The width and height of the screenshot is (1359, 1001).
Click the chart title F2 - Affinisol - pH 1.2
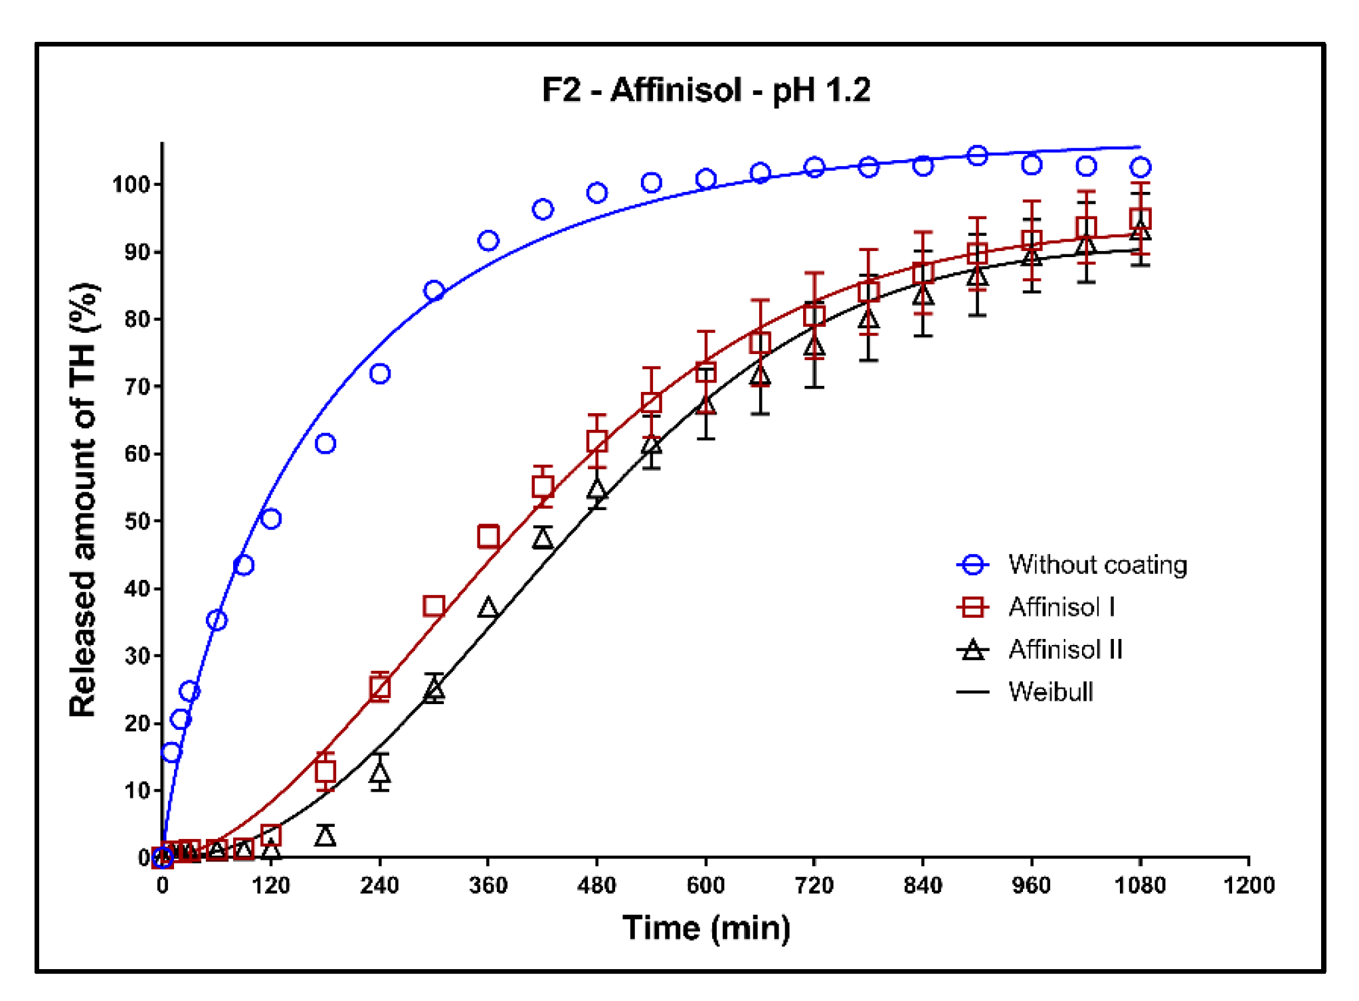[x=705, y=90]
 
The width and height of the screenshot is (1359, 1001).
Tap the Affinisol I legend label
[x=1061, y=607]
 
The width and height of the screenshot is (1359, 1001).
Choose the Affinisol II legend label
[x=1065, y=649]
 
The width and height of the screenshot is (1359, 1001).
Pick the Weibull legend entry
[x=1051, y=692]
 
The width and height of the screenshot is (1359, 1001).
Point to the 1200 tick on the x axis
[x=1249, y=885]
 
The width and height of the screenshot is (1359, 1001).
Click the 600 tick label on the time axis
[x=705, y=885]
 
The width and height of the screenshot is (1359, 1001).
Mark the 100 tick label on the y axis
[x=132, y=184]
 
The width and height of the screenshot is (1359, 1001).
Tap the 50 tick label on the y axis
[x=137, y=521]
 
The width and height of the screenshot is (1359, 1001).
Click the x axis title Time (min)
[x=706, y=928]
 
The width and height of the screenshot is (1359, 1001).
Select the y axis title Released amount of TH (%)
[x=84, y=500]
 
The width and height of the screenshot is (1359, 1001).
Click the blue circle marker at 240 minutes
[x=379, y=374]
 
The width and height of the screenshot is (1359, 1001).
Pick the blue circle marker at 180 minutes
[x=325, y=443]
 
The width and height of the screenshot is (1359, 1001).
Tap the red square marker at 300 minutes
[x=434, y=606]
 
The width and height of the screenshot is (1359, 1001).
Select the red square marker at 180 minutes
[x=325, y=771]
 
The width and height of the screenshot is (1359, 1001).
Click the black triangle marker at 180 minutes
[x=325, y=836]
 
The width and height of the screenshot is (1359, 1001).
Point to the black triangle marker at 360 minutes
[x=488, y=608]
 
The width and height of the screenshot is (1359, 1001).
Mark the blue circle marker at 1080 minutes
[x=1140, y=167]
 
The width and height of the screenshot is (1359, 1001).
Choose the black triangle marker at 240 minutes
[x=379, y=773]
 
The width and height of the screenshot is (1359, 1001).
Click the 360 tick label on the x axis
[x=488, y=885]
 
